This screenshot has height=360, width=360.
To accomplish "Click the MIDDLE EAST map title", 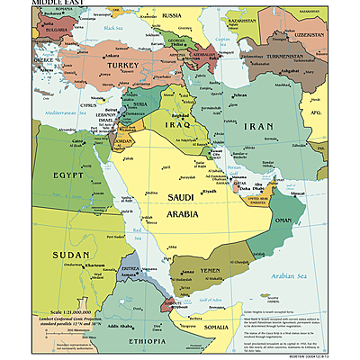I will tap(32, 4).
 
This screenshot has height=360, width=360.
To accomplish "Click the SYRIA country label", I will tap(140, 104).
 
